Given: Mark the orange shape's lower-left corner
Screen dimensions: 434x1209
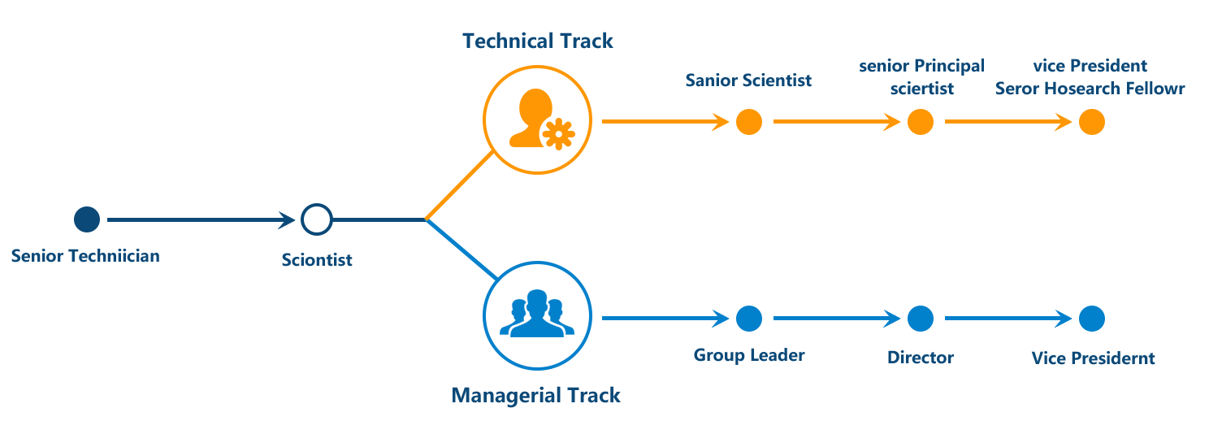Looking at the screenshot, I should (x=427, y=217).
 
